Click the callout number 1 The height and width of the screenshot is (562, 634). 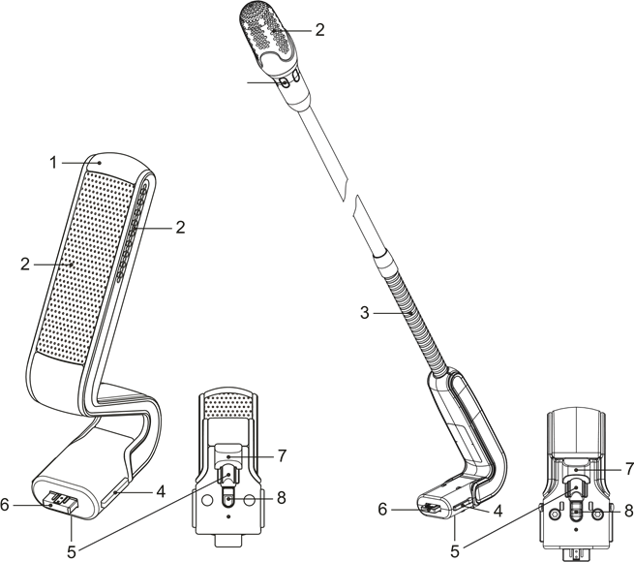pyautogui.click(x=55, y=163)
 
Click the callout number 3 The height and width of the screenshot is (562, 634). pyautogui.click(x=365, y=313)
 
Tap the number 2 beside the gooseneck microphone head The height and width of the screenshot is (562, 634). pyautogui.click(x=319, y=30)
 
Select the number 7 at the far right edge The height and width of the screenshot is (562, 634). pyautogui.click(x=628, y=469)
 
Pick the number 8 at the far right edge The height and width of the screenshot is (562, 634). pyautogui.click(x=628, y=511)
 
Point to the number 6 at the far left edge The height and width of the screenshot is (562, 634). pyautogui.click(x=6, y=505)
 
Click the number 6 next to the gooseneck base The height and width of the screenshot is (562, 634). pyautogui.click(x=383, y=510)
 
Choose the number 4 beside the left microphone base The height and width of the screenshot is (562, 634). pyautogui.click(x=161, y=492)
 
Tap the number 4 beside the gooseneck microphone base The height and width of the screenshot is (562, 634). pyautogui.click(x=498, y=511)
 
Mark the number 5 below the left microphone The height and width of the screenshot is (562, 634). pyautogui.click(x=71, y=551)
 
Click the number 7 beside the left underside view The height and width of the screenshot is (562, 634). pyautogui.click(x=282, y=454)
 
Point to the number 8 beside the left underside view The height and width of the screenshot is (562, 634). pyautogui.click(x=281, y=497)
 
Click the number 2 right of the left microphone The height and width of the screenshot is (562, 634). pyautogui.click(x=180, y=228)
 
